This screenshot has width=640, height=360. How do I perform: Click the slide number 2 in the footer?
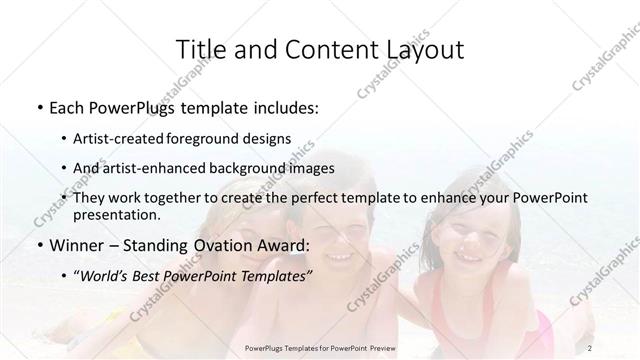click(x=592, y=347)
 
